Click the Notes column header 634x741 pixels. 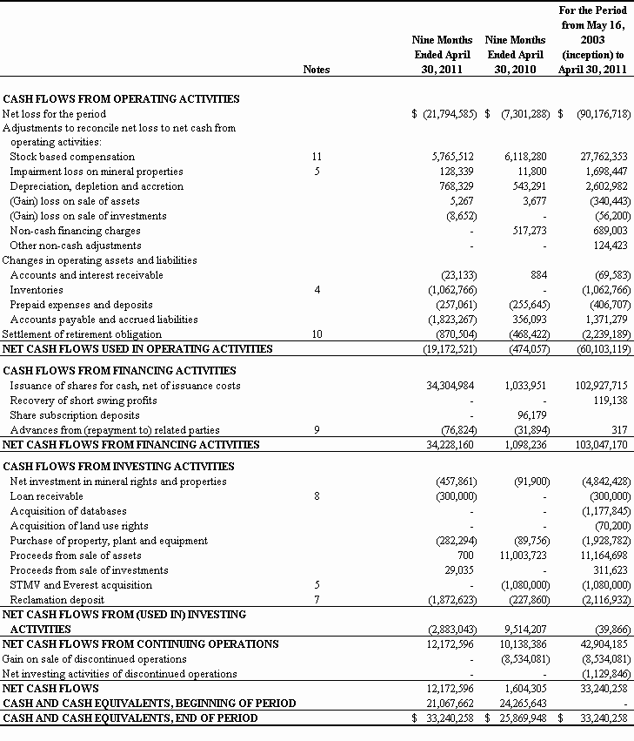[317, 70]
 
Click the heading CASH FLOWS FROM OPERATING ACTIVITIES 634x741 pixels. [121, 99]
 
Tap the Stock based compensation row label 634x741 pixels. [72, 157]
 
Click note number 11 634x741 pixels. [317, 157]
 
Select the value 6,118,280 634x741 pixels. [522, 157]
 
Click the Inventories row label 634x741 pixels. [37, 290]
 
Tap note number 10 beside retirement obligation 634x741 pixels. [317, 334]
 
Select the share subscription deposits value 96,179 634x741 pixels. [528, 415]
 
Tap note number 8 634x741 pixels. [317, 496]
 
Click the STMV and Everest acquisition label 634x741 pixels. [81, 585]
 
